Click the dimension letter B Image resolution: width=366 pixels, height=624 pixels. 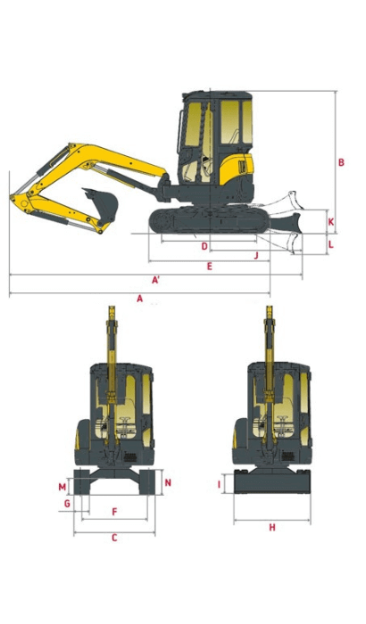[x=341, y=162]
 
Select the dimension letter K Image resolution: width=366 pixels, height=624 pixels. [x=330, y=221]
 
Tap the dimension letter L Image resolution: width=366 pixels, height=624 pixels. [x=330, y=242]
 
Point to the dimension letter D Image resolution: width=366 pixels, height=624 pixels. [x=204, y=246]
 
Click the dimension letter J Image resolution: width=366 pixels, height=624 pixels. [x=256, y=256]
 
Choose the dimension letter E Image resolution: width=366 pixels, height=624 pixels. [x=208, y=267]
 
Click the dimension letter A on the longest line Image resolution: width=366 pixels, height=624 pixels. [x=139, y=299]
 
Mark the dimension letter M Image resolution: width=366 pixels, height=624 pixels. [x=62, y=487]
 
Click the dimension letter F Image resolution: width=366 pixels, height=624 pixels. [x=114, y=512]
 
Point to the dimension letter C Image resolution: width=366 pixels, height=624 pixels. [x=114, y=538]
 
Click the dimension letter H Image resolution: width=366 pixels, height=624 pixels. [x=272, y=528]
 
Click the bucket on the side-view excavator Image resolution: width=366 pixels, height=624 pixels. [x=100, y=204]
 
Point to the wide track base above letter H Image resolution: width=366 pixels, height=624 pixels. [x=271, y=482]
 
